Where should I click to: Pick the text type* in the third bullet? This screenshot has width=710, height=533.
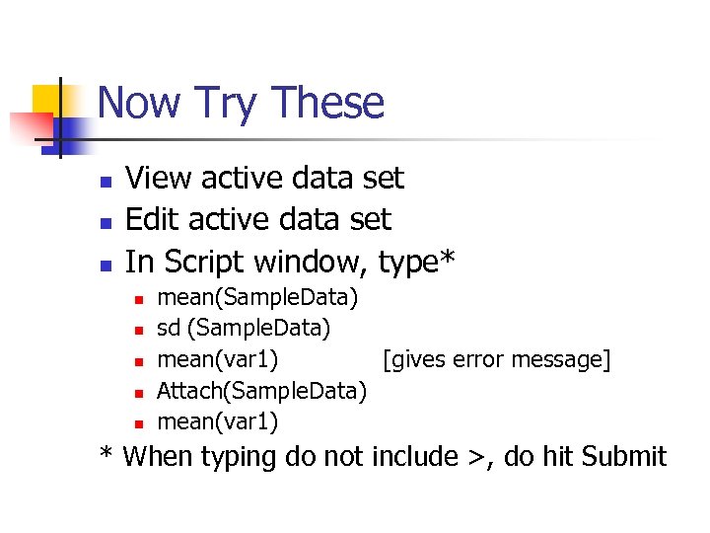coord(417,262)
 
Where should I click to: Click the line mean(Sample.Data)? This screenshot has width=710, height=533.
coord(257,297)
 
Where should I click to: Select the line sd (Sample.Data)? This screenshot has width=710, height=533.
coord(244,327)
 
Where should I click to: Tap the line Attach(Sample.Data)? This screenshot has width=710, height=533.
coord(262,391)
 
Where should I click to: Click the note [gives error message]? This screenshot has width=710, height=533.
coord(496,360)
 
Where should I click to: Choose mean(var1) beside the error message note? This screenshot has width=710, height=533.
coord(217,360)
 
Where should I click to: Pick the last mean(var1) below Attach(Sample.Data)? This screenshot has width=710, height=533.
coord(217,422)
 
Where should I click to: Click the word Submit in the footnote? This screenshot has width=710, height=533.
coord(624,457)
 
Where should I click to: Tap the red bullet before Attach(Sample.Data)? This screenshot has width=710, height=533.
coord(140,393)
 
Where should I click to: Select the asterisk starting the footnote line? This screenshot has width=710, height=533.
coord(106,454)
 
